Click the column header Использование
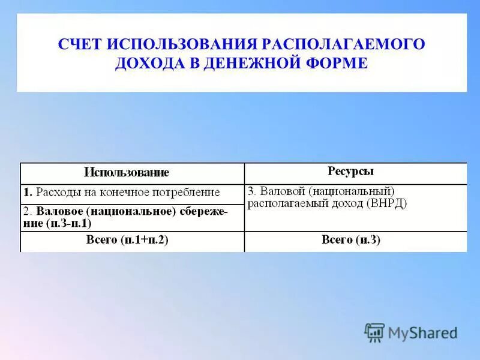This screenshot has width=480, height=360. (x=127, y=173)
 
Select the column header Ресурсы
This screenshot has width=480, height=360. (x=351, y=172)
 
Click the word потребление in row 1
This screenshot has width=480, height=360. (x=190, y=193)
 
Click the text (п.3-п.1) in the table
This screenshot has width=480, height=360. (x=68, y=223)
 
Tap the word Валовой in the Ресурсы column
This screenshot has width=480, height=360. (x=280, y=191)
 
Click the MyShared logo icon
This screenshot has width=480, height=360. (x=374, y=332)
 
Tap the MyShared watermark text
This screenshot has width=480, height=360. (x=422, y=332)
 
